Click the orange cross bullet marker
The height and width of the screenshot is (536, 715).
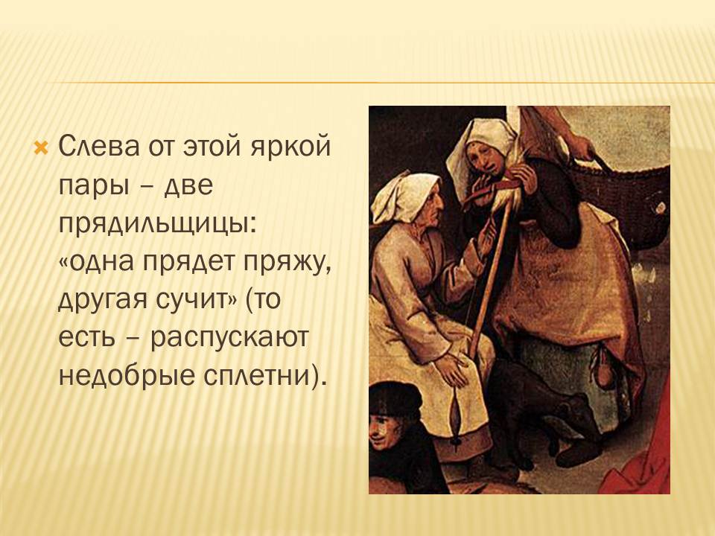point(41,147)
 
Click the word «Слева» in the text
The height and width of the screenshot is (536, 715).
point(99,147)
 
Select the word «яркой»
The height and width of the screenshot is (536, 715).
point(291,147)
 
